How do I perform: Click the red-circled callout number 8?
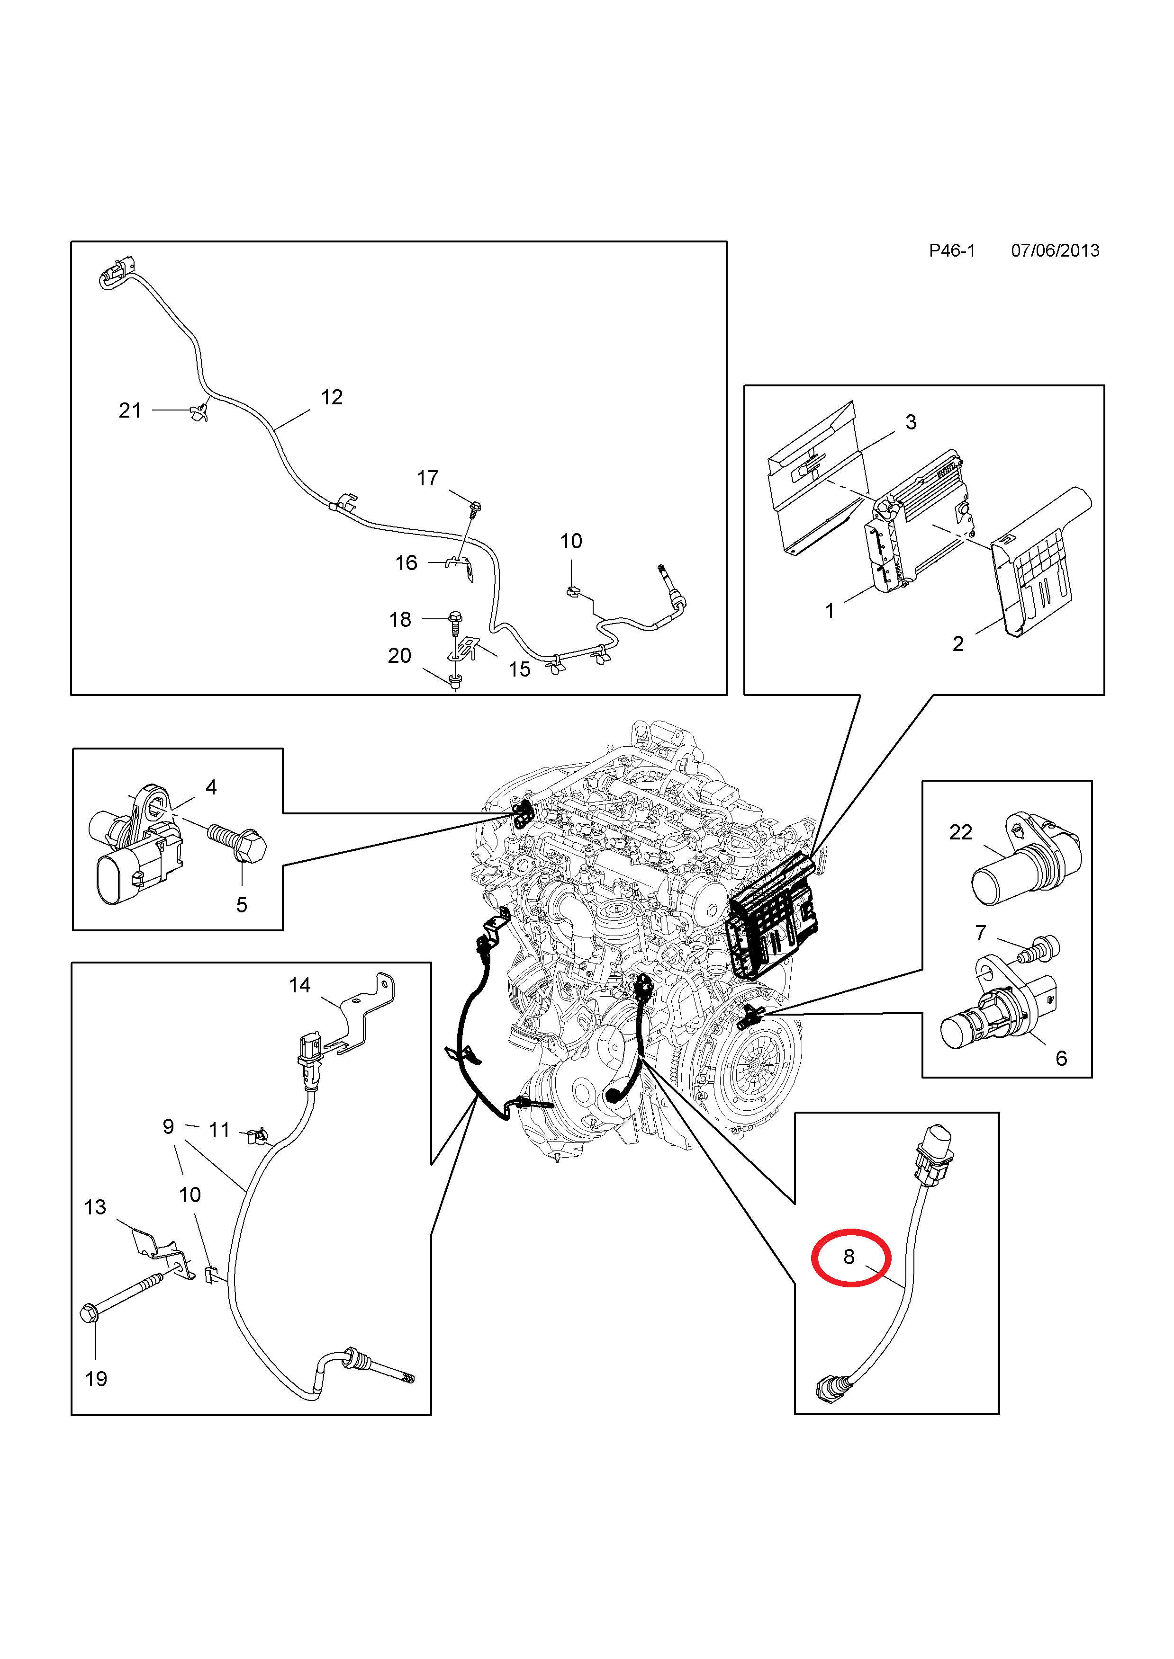coord(849,1257)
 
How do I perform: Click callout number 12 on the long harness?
coord(332,397)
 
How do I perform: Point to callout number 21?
coord(130,410)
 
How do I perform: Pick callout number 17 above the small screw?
coord(427,478)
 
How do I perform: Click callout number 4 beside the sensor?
coord(211,787)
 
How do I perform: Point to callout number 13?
coord(95,1207)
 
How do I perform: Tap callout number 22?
coord(961,832)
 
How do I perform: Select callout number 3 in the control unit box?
coord(911,422)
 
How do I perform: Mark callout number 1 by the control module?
coord(830,611)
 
